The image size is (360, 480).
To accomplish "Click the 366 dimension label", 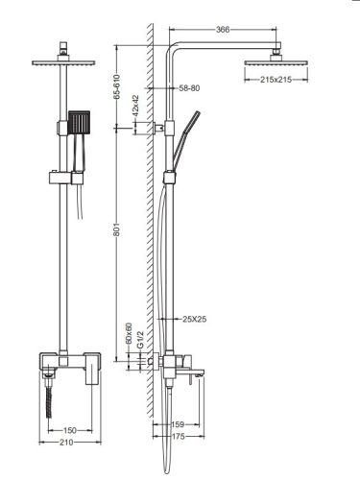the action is coord(223,30).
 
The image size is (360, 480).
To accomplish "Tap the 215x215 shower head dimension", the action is coord(276,80).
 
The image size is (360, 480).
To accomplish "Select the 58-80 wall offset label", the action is coord(189,88).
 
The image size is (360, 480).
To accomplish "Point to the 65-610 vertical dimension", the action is coord(116,86).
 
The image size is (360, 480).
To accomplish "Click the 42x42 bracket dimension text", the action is coord(135,106).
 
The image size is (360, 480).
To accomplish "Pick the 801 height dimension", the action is coord(116,229).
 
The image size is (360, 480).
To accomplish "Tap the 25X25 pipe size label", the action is coord(195,319).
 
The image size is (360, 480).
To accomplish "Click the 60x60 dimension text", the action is coord(129,333).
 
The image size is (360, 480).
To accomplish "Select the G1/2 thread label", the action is coord(140,340).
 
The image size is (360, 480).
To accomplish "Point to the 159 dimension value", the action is coord(178,424).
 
